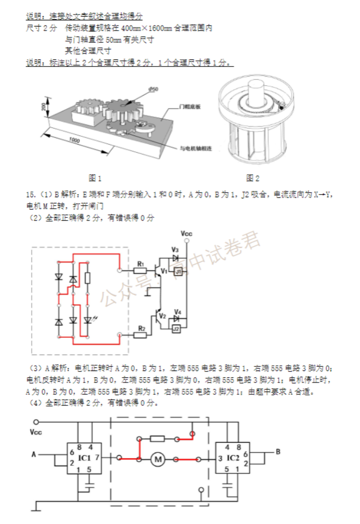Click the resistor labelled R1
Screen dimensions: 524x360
click(139, 270)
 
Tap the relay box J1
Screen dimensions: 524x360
click(178, 271)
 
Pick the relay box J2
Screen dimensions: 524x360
click(176, 329)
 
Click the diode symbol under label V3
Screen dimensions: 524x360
click(175, 257)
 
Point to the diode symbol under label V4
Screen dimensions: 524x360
click(177, 318)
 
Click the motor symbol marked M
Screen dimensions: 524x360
click(158, 459)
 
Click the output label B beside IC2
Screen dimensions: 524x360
click(278, 452)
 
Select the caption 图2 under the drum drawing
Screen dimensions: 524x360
click(252, 178)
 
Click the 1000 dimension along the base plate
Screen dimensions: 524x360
click(73, 141)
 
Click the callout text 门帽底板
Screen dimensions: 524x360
click(189, 107)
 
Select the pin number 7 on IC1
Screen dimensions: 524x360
click(97, 458)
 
